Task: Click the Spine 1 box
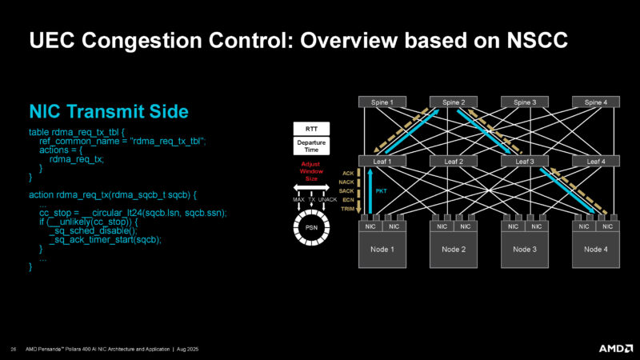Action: [x=382, y=102]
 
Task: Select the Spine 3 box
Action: [x=524, y=102]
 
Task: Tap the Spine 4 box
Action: [x=595, y=102]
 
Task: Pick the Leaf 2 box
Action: [x=454, y=161]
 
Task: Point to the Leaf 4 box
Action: [x=595, y=161]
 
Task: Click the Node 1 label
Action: [x=382, y=249]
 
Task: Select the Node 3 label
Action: [x=524, y=249]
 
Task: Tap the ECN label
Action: [x=347, y=200]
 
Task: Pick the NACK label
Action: [x=346, y=182]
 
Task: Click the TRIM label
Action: [x=347, y=209]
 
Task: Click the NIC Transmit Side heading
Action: [x=108, y=111]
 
